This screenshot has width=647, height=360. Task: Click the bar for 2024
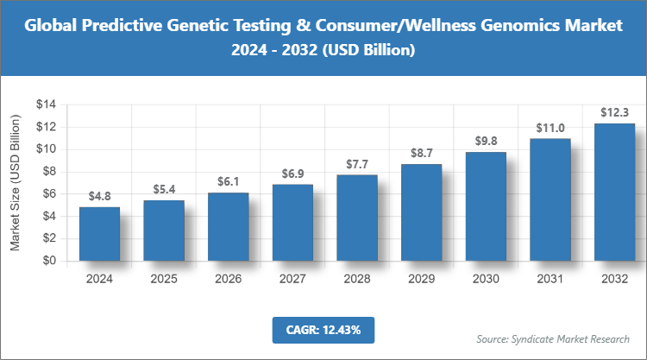click(x=99, y=234)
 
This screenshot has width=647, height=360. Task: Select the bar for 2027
click(x=292, y=222)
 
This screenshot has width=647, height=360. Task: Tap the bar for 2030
click(x=486, y=206)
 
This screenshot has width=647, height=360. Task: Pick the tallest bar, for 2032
click(x=614, y=192)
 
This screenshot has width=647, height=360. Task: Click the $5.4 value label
click(x=164, y=188)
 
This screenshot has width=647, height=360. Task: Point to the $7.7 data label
click(x=357, y=163)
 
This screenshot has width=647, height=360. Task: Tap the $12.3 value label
click(x=614, y=111)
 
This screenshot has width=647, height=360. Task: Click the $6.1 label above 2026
click(x=228, y=180)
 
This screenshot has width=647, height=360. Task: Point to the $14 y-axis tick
click(x=46, y=104)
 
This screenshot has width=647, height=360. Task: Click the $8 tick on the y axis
click(x=49, y=171)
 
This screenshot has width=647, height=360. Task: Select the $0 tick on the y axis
click(x=49, y=260)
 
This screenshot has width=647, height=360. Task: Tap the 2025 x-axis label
click(x=164, y=279)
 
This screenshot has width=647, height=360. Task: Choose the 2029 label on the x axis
click(x=421, y=279)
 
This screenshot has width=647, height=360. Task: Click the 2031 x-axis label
click(x=550, y=279)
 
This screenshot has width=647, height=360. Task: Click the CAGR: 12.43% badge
click(x=323, y=329)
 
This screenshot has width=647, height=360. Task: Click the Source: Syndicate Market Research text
click(x=553, y=338)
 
